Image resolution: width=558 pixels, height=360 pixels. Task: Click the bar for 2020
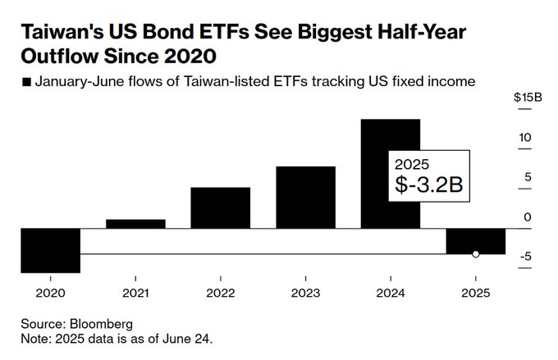click(50, 250)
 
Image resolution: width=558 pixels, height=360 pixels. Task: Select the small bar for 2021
click(135, 223)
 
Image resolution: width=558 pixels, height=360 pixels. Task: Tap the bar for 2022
click(220, 207)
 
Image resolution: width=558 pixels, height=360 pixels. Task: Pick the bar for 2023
click(305, 197)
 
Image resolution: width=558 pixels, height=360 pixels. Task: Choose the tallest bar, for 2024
click(391, 173)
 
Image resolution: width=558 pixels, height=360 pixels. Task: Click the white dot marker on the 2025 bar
click(476, 254)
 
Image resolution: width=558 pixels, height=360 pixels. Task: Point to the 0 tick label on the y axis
click(527, 216)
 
